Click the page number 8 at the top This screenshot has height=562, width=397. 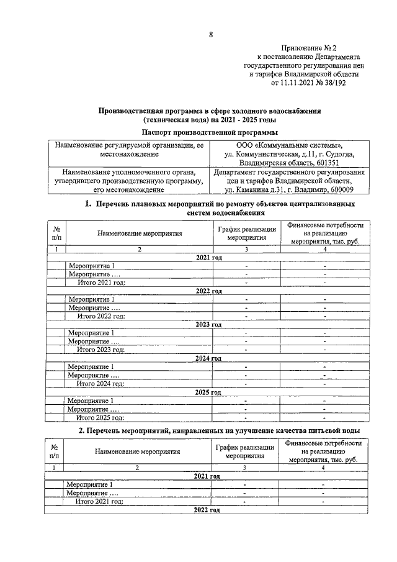coord(211,35)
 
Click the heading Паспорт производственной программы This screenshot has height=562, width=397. coord(210,132)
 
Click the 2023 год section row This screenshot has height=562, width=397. coord(208,324)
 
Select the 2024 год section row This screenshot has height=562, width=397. coord(208,358)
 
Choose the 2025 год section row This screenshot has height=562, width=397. coord(208,392)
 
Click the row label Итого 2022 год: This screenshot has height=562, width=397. coord(101,315)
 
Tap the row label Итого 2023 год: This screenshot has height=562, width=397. coord(100,350)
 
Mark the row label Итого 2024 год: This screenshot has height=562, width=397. coord(100,384)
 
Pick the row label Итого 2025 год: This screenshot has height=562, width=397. coord(100,417)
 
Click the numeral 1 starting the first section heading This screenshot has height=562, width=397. coord(87,204)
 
